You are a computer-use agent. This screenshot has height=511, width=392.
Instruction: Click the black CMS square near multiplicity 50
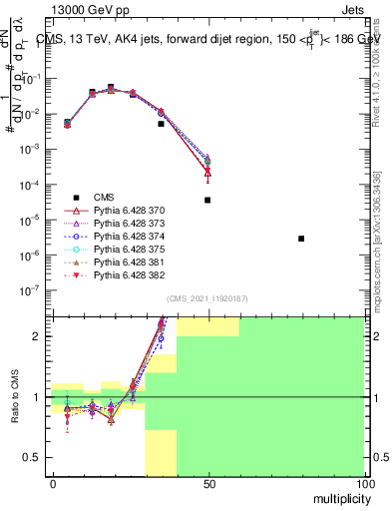pyautogui.click(x=207, y=200)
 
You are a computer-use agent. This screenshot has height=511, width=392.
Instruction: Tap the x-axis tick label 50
pyautogui.click(x=207, y=484)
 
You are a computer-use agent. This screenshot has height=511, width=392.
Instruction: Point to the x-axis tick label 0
pyautogui.click(x=53, y=484)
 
